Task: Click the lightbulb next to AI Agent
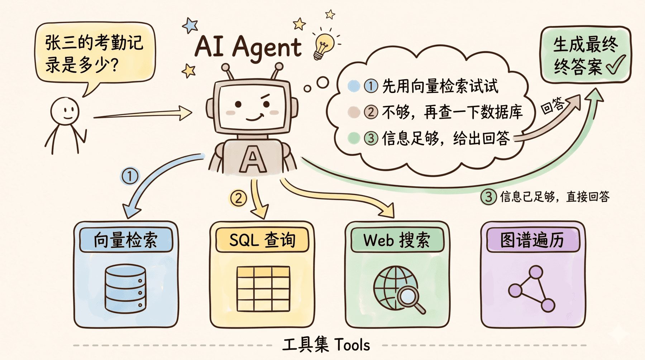coord(323,45)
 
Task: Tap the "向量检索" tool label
coord(125,240)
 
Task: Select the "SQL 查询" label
coord(262,240)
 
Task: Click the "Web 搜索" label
coord(397,240)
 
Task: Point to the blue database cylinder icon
coord(125,288)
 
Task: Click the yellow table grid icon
coord(263,289)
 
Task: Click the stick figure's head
coord(65,111)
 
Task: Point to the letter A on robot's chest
coord(253,159)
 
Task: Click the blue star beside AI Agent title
coord(190,25)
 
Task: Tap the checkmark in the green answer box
coord(616,65)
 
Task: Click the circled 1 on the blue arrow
coord(130,176)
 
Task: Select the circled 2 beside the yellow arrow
coord(238,198)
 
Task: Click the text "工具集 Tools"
coord(326,345)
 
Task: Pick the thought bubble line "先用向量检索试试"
coord(440,86)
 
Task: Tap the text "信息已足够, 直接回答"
coord(554,197)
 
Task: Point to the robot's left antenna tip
coord(225,67)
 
